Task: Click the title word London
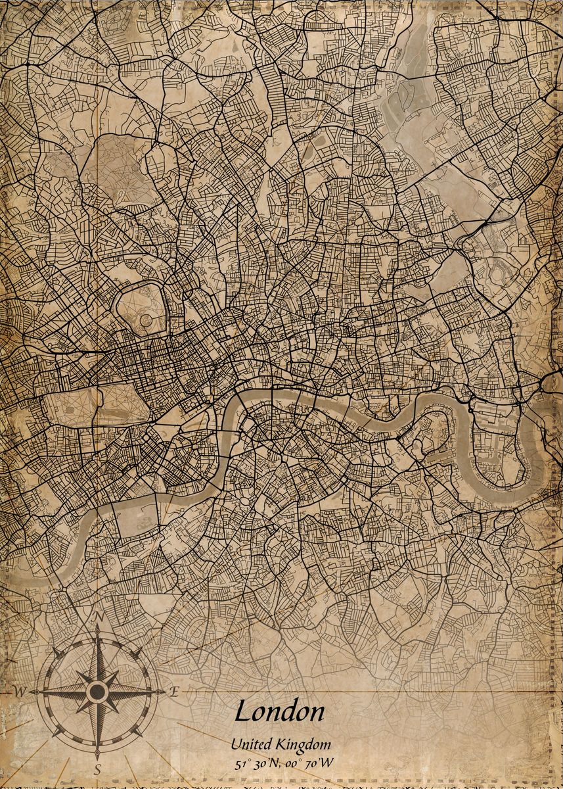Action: (x=279, y=711)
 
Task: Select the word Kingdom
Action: (x=304, y=744)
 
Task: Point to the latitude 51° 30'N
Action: (x=258, y=763)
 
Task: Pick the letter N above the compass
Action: (x=99, y=616)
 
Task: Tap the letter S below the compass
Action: (x=97, y=769)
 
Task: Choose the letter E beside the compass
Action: (x=174, y=691)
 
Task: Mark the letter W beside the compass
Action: (x=20, y=692)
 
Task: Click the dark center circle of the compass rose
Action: (x=97, y=691)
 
